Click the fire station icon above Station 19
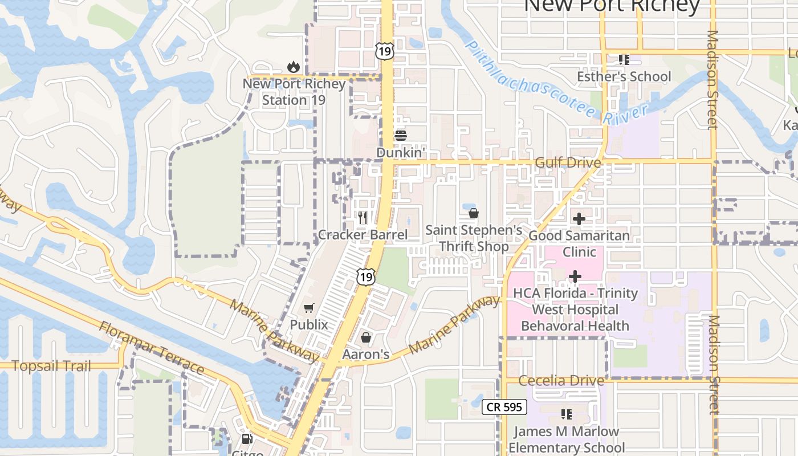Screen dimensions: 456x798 pos(294,67)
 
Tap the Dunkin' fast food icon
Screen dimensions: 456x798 pos(401,136)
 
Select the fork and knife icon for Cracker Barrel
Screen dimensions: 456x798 pos(362,218)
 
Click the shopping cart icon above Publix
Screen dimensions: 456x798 pos(309,308)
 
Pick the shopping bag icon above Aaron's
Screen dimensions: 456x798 pos(366,338)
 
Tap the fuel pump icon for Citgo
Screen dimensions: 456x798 pos(247,439)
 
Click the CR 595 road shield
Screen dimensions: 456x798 pos(504,407)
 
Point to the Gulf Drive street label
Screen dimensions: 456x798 pos(568,163)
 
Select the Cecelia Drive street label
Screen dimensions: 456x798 pos(561,380)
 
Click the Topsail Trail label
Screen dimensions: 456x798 pos(51,366)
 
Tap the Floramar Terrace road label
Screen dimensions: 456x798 pos(151,348)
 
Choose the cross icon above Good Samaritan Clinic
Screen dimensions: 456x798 pos(579,218)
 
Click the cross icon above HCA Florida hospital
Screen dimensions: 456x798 pos(575,276)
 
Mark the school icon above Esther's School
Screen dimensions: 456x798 pos(624,60)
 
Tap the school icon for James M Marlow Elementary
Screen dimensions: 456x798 pos(566,414)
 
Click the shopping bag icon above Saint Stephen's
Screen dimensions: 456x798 pos(473,214)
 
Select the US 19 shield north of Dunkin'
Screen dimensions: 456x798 pos(385,51)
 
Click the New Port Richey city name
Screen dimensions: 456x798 pos(611,6)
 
